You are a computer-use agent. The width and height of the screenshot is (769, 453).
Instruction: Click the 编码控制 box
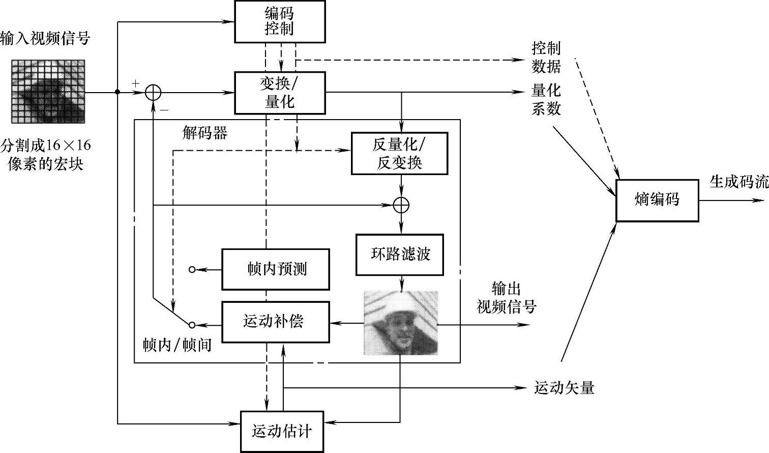coord(280,21)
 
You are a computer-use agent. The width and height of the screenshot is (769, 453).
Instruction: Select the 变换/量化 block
coord(280,93)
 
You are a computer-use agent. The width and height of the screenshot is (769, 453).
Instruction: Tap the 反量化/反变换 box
coord(400,153)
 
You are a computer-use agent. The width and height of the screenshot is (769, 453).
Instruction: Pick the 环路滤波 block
coord(400,254)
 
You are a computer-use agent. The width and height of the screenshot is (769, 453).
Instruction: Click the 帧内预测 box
coord(276,269)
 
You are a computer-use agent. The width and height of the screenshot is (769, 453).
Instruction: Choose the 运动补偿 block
coord(276,322)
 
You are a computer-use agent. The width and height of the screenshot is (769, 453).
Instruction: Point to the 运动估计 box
coord(282,432)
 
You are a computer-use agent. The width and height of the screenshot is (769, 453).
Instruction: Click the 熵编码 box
coord(657,200)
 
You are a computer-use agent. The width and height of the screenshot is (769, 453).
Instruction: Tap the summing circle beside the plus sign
coord(153,92)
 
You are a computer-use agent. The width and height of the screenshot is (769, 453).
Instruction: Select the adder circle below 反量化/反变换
coord(401,205)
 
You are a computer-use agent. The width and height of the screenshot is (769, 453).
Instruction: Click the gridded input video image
coord(48,92)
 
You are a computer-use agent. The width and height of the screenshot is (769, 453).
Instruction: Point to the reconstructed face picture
coord(401,323)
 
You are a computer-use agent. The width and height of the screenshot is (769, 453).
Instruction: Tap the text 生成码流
coord(739,182)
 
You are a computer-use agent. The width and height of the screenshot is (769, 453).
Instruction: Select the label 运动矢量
coord(564,388)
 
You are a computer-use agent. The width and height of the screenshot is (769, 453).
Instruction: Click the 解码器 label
coord(204,133)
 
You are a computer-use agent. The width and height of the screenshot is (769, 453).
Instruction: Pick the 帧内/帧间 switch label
coord(177,345)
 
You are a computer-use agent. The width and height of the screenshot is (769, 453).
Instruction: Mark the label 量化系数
coord(546,100)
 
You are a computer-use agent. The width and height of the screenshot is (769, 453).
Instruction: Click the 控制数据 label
coord(546,58)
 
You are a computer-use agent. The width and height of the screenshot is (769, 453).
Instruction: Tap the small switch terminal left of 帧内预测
coord(192,269)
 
